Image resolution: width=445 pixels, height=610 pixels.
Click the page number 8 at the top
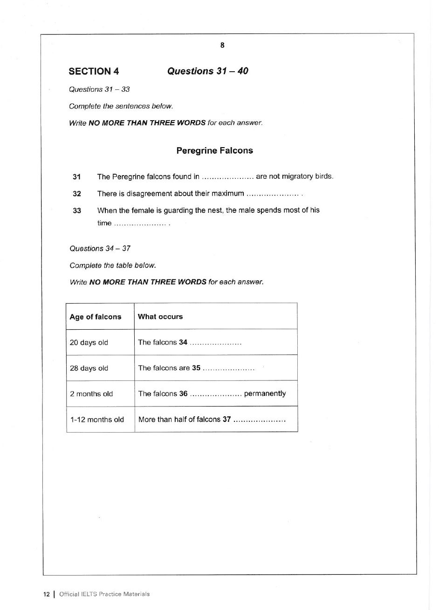pos(222,45)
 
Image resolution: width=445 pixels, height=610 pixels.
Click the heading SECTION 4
pos(94,71)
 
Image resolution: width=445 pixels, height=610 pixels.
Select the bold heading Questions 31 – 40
pos(207,71)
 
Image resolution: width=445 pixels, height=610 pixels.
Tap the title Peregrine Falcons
pos(214,150)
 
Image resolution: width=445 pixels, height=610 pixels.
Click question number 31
pos(77,177)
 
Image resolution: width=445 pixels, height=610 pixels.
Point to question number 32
pos(77,194)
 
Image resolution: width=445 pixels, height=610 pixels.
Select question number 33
pos(77,210)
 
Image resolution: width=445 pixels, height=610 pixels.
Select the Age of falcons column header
pos(96,317)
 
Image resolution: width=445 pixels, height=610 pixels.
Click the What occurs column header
pos(160,317)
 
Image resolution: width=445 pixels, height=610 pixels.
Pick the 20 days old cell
pos(89,343)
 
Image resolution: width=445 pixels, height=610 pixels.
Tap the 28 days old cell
pos(89,368)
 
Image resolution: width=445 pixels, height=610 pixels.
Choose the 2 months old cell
pos(91,394)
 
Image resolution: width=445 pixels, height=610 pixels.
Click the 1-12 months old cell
pos(97,420)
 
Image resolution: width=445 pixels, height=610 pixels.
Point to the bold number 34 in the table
pos(183,342)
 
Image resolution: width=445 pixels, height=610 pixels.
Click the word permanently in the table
pos(265,393)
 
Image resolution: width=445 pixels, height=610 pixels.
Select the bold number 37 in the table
pos(226,419)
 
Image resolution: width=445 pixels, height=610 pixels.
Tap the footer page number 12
pos(47,594)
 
